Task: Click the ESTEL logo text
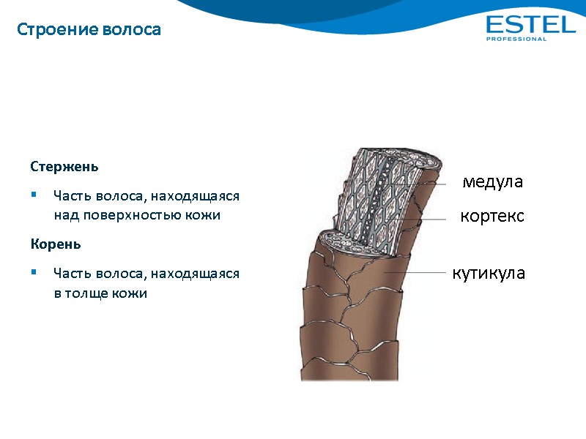[x=530, y=25]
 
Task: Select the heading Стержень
[x=64, y=166]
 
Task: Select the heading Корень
[x=56, y=244]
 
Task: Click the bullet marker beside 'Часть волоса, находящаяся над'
[x=34, y=196]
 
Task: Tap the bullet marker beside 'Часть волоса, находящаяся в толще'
[x=34, y=273]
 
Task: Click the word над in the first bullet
[x=64, y=216]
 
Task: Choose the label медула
[x=492, y=182]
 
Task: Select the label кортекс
[x=492, y=217]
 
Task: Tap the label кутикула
[x=489, y=274]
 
